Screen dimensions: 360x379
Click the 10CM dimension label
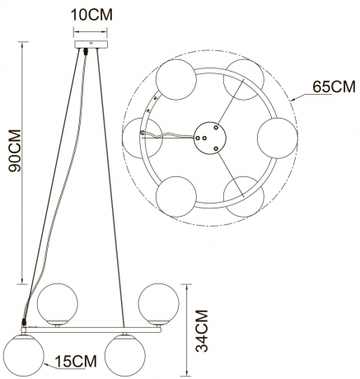91,15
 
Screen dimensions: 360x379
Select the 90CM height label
15,151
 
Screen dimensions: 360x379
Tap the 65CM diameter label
334,87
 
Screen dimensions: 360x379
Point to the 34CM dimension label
202,330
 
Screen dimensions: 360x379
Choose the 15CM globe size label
76,361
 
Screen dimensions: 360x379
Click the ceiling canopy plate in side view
91,44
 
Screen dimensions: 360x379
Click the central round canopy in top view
210,138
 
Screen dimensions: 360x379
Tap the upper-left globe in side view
58,304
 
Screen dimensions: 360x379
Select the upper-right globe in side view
159,304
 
